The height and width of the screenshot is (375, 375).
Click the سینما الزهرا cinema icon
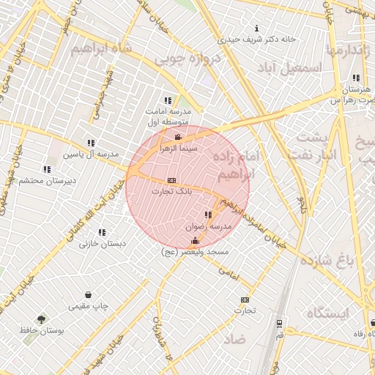(x=177, y=137)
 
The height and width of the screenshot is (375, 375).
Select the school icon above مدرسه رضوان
(x=209, y=215)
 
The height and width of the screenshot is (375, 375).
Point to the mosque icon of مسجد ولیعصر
(x=195, y=241)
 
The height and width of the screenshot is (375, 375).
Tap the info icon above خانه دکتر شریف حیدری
(x=256, y=27)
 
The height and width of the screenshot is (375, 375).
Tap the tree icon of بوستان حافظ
(x=41, y=319)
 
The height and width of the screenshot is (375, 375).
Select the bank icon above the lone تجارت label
(x=244, y=300)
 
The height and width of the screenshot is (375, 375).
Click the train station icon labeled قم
(x=279, y=323)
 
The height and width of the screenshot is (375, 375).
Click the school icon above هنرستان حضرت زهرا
(x=356, y=78)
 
